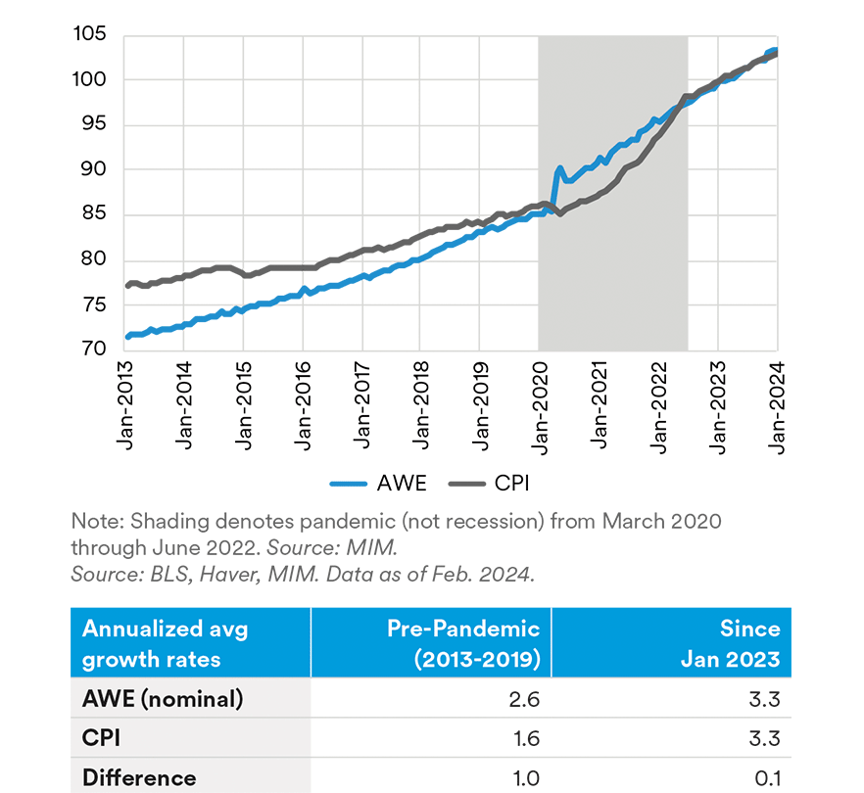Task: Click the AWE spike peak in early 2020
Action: click(x=559, y=168)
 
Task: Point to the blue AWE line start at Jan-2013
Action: click(x=127, y=337)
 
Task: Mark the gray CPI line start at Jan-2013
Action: click(x=127, y=285)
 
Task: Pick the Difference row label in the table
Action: click(x=139, y=778)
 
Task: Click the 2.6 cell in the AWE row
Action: click(x=527, y=700)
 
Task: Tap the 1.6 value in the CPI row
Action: click(x=527, y=739)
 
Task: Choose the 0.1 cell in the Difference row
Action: click(x=768, y=778)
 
